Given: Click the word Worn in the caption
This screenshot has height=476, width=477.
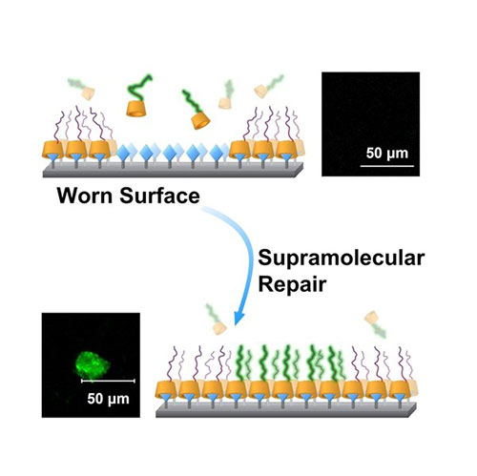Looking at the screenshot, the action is [84, 196].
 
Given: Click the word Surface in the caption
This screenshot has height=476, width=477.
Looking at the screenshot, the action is [159, 196].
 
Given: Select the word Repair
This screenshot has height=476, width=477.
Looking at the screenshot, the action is [292, 283].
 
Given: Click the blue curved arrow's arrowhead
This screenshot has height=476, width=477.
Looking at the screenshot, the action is [238, 317].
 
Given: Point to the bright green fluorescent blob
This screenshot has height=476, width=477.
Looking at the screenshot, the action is [93, 364].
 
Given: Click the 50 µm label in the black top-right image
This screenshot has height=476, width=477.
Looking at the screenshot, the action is [387, 154].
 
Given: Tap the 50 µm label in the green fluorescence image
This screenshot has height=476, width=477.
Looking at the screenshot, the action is [108, 399].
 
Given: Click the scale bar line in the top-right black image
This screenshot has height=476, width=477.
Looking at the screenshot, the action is [387, 166].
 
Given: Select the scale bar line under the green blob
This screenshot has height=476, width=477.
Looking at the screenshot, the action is [108, 381].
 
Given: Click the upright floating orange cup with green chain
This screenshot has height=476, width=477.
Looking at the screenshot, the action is [136, 108].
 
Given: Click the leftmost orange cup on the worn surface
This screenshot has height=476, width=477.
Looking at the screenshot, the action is [52, 151].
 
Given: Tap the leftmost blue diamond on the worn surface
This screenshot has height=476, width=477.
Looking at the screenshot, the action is [123, 154].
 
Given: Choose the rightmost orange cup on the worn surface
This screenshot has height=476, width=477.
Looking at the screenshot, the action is [286, 151].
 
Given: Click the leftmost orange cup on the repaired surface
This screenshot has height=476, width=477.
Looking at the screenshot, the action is [166, 390].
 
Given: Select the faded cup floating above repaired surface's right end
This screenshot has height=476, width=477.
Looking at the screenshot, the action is [371, 318].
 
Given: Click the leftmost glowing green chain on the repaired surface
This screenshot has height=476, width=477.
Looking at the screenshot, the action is [240, 363].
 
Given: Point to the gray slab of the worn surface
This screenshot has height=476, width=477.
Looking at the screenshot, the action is [173, 170].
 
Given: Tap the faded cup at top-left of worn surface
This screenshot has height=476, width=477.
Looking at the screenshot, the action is [88, 93].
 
